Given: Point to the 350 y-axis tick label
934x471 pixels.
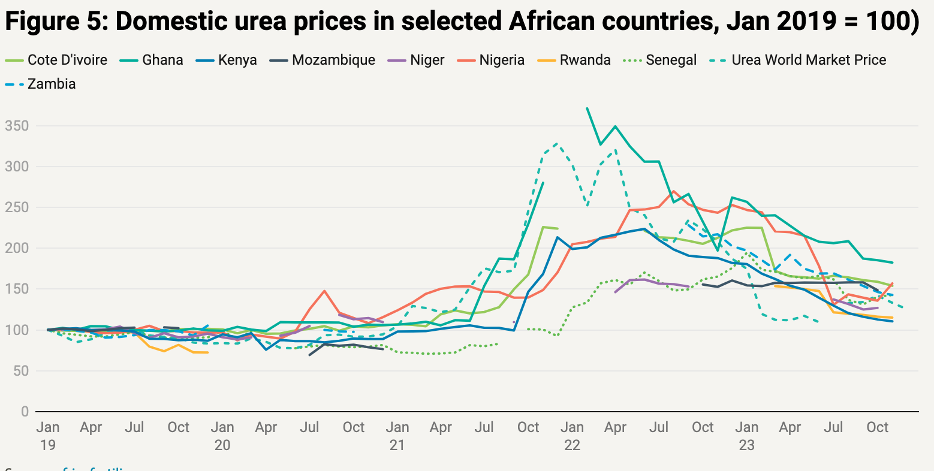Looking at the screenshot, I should click(16, 126).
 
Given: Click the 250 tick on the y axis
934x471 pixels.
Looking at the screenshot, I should click(16, 207).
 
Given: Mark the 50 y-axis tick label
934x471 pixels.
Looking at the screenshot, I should click(20, 371).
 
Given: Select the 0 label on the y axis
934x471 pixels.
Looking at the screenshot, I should click(24, 412).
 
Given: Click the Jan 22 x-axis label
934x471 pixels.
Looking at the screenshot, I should click(572, 436).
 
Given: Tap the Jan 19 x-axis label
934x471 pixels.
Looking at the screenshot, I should click(47, 436).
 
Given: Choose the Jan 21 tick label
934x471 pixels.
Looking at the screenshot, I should click(397, 436).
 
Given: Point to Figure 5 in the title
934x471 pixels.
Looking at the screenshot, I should click(54, 22).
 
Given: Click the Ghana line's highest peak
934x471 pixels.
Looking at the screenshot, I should click(586, 108).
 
